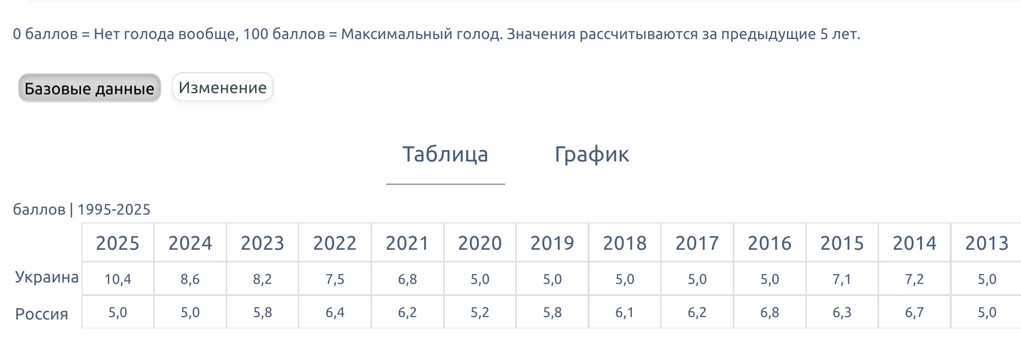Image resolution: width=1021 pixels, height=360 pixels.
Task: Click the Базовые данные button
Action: pos(90,88)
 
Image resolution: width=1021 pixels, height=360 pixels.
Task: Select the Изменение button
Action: pos(222,87)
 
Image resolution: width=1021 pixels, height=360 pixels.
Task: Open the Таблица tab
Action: pos(445,154)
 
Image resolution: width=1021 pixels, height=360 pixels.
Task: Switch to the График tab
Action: pos(592,155)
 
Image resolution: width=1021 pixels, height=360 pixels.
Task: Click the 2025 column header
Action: pos(118,243)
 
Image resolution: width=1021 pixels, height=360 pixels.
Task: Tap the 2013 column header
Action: pos(986,243)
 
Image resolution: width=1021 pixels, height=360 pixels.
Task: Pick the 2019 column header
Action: pos(552,243)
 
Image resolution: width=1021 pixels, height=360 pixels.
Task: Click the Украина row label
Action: pos(47,277)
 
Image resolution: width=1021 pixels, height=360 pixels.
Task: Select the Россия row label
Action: pos(41,314)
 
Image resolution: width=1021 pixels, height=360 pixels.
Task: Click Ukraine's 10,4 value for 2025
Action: pos(118,279)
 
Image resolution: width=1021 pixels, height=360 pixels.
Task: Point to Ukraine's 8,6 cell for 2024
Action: pos(190,279)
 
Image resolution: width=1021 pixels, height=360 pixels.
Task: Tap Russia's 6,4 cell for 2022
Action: pos(335,312)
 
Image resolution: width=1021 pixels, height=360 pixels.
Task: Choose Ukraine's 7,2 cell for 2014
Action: pos(914,279)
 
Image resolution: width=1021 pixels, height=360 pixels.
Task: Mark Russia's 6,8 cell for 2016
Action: pos(769,312)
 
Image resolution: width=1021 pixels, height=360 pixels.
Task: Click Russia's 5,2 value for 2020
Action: pos(480,312)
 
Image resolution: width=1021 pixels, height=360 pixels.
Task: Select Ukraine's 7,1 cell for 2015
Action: pos(842,279)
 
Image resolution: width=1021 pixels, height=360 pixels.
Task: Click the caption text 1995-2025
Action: pos(114,210)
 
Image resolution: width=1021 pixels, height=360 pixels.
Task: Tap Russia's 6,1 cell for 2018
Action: pos(625,312)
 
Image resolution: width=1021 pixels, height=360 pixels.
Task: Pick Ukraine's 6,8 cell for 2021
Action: pos(407,279)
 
